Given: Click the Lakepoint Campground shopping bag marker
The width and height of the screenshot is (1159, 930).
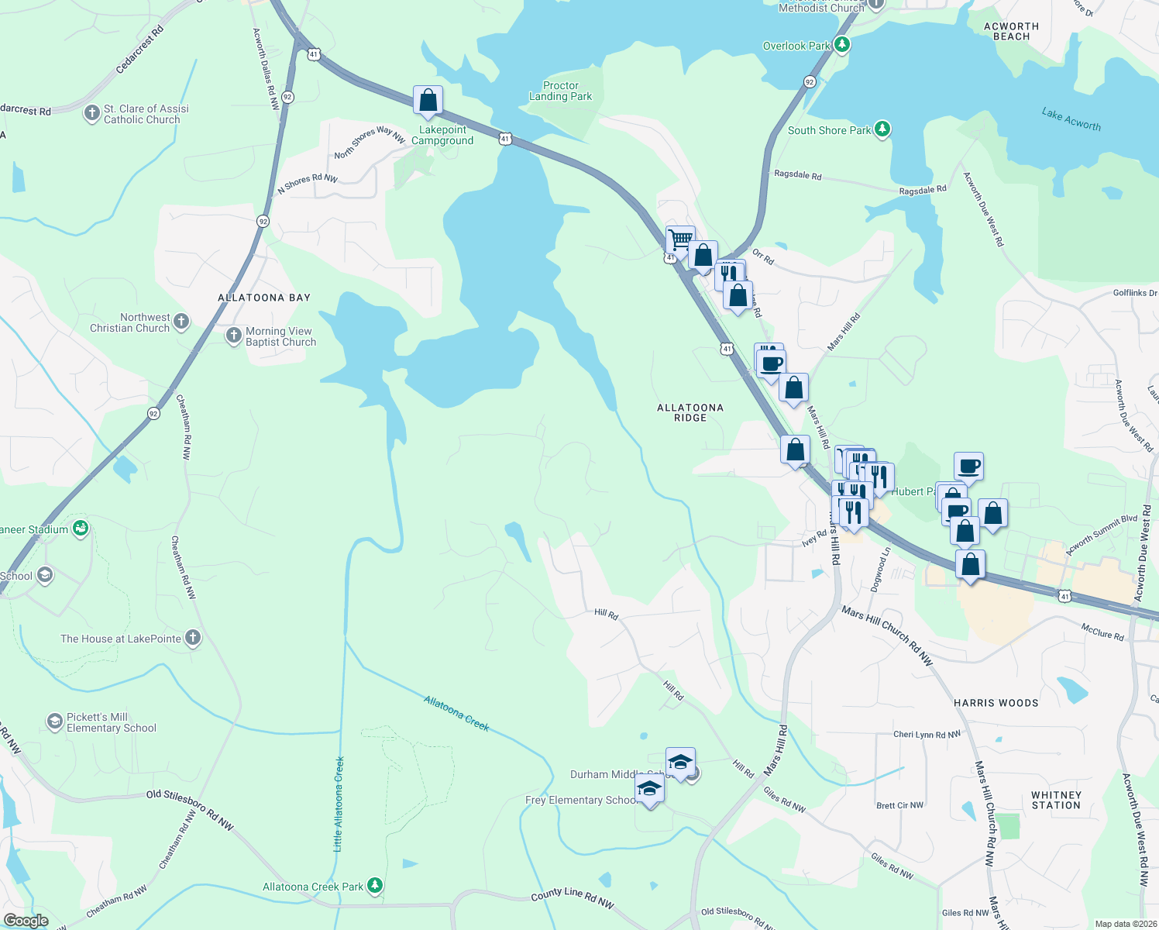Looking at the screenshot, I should [x=428, y=101].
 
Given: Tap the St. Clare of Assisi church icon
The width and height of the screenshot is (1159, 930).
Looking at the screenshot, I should [x=91, y=114].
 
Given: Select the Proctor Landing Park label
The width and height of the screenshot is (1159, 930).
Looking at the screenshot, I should [x=560, y=91].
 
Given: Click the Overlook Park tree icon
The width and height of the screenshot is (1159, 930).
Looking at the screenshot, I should [x=841, y=46].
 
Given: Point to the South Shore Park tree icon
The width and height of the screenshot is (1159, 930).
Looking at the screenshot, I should [x=882, y=129].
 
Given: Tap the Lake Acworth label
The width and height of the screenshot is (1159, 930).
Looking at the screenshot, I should [x=1071, y=119].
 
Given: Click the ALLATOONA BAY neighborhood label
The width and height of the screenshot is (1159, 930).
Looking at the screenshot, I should [x=264, y=298].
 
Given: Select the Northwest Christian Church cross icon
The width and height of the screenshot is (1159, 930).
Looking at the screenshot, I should [x=181, y=322].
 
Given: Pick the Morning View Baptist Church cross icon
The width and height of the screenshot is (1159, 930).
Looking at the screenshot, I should [x=233, y=336].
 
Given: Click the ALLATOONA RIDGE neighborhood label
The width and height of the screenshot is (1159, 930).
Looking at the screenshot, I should [x=690, y=412].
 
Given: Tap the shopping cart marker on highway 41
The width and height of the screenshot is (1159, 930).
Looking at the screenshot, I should [x=679, y=240].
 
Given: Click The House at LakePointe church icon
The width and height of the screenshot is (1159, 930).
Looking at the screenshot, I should [x=193, y=638].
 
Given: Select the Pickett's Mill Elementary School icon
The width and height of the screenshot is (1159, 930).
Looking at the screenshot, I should [x=54, y=722].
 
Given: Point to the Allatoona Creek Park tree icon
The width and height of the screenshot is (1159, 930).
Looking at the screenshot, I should [x=375, y=885].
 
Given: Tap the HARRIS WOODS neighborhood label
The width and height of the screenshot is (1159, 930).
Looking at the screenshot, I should [x=996, y=703].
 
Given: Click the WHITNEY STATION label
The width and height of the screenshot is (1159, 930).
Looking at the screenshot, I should [x=1056, y=800].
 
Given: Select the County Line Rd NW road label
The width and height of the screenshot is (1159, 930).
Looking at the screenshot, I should [x=572, y=897].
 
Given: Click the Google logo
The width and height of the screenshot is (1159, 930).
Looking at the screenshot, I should [x=26, y=921].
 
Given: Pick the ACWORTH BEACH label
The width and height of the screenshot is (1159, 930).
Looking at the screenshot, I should [x=1011, y=31].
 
